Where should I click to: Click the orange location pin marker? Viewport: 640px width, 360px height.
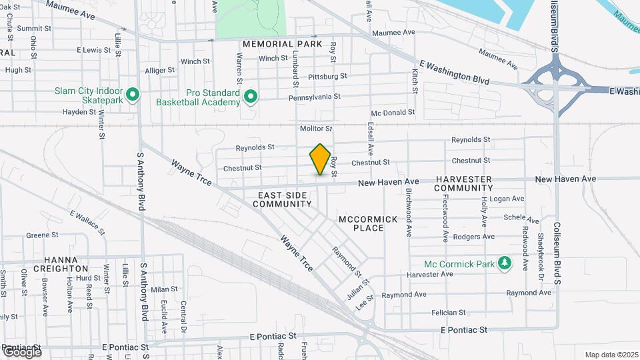(x=321, y=159)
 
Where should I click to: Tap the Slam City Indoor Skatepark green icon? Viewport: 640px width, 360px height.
(x=132, y=95)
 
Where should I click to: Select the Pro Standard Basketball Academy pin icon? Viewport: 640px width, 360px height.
(x=251, y=97)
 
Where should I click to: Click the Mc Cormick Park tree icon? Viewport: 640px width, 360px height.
(x=505, y=264)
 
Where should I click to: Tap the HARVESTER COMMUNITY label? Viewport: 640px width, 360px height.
(x=463, y=184)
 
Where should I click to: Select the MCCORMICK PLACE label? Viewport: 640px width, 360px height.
(x=368, y=223)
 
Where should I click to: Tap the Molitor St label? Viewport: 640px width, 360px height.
(x=316, y=128)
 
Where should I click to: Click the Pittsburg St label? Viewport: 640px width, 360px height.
(x=327, y=77)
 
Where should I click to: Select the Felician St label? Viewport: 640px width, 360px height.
(x=448, y=313)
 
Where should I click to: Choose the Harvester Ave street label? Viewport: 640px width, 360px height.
(x=430, y=275)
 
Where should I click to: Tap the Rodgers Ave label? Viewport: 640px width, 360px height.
(x=473, y=237)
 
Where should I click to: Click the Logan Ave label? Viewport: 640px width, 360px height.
(x=508, y=199)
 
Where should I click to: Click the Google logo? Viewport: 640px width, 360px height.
(x=21, y=351)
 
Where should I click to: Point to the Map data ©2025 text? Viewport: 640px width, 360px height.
(x=611, y=355)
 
